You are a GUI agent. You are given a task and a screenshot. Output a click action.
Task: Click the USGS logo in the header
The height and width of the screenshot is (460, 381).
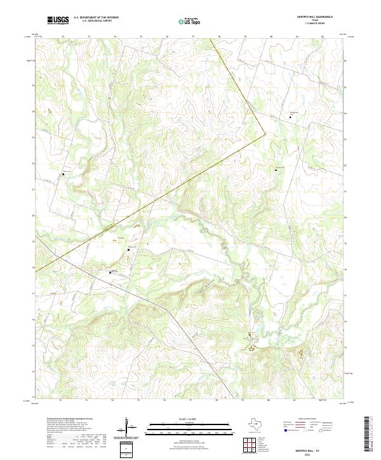coord(58,20)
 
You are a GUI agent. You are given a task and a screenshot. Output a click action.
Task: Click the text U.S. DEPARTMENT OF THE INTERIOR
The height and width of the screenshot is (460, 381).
coord(96,18)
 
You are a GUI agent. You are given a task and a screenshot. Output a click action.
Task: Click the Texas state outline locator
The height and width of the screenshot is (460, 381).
coord(244,424)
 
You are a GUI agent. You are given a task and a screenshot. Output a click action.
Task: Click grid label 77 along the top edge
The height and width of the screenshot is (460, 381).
coord(192,37)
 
